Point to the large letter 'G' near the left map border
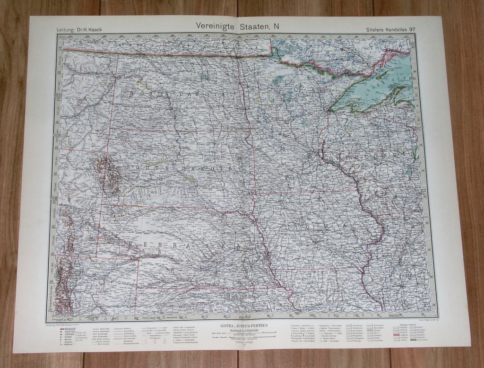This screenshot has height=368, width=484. point(69,201)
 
